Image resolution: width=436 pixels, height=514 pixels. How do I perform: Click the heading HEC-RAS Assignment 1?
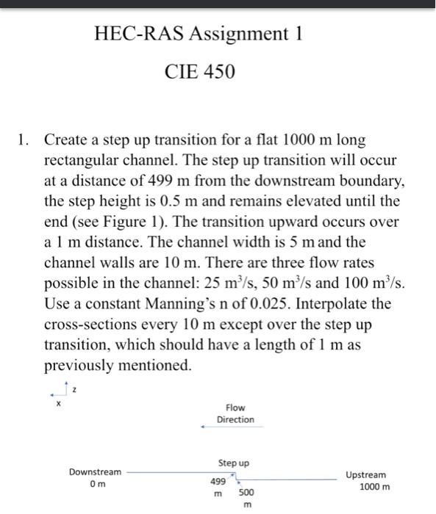point(199,34)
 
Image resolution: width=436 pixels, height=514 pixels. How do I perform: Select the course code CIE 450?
point(200,72)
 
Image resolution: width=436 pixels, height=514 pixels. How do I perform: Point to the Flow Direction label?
point(235,413)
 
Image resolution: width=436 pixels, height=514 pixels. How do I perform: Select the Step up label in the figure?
point(234,463)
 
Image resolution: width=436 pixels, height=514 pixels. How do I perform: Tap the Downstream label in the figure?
point(96,472)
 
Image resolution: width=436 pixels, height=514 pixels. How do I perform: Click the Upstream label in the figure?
point(365,475)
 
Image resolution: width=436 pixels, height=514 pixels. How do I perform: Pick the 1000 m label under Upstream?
point(375,487)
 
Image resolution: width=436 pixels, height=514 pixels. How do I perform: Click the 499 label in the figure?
point(218,482)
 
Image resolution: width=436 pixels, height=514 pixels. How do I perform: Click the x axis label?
point(57,403)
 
